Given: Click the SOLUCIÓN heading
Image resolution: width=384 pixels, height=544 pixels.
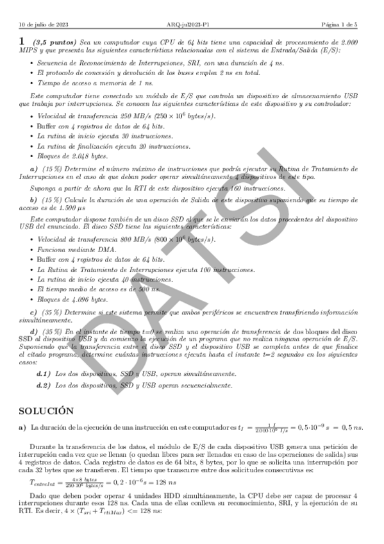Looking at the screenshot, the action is pyautogui.click(x=46, y=410).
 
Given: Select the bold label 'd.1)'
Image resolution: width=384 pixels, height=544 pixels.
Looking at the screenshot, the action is pyautogui.click(x=44, y=373).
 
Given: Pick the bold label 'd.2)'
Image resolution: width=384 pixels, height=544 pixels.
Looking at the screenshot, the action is pyautogui.click(x=44, y=385).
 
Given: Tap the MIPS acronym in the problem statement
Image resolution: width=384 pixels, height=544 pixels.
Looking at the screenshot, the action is pyautogui.click(x=28, y=50).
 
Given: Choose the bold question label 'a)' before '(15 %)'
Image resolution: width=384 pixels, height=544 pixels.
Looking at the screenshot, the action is pyautogui.click(x=34, y=168).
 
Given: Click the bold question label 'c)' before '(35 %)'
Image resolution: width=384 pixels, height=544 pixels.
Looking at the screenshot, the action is pyautogui.click(x=33, y=311).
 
